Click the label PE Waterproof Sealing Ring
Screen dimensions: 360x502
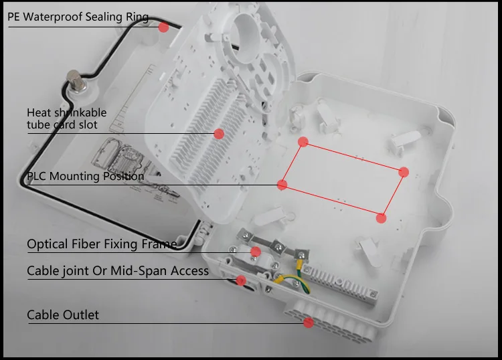[78, 17]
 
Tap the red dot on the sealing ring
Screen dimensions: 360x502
[163, 27]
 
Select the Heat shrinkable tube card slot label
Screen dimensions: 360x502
[66, 118]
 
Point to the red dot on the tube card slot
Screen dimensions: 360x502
[219, 133]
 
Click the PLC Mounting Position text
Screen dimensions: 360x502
[85, 177]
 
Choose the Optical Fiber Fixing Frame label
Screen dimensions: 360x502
[102, 244]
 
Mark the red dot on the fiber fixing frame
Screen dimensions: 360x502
[255, 252]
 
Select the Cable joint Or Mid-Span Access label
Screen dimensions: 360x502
[118, 271]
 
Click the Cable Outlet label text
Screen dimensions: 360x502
[63, 314]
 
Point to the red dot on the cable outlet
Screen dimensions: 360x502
[308, 323]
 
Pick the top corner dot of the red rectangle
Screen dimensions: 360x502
[303, 142]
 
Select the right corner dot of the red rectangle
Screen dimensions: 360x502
[404, 172]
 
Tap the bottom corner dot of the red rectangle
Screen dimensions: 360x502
[381, 217]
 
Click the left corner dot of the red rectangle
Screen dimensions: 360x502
[282, 184]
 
